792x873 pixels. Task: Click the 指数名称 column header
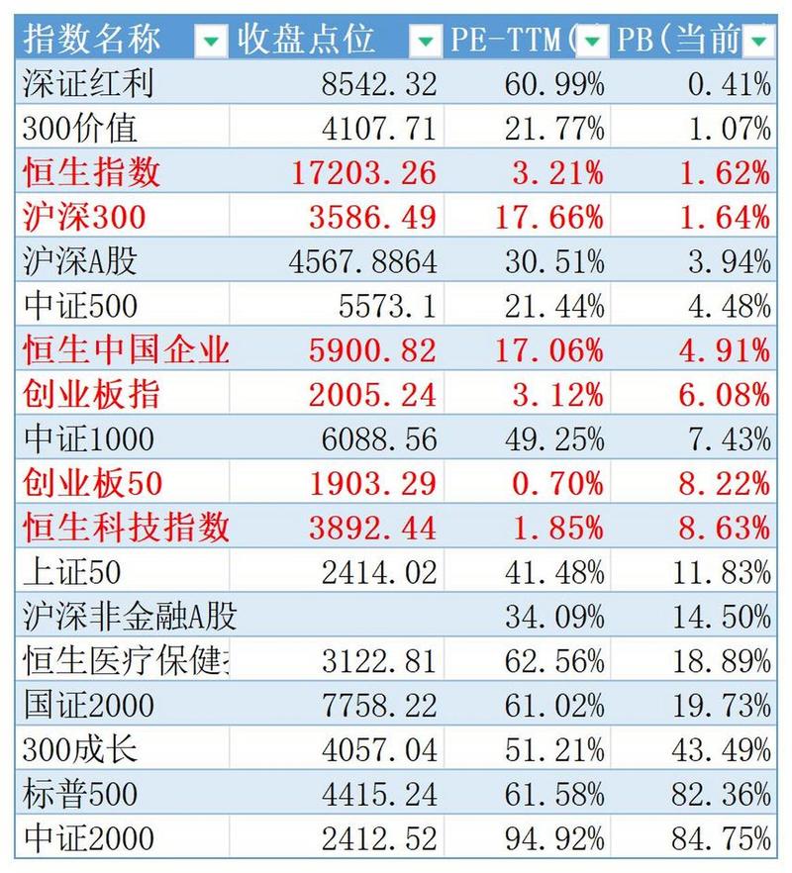click(x=93, y=40)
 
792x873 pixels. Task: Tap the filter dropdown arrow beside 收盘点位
click(x=425, y=41)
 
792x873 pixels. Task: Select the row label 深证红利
click(x=88, y=84)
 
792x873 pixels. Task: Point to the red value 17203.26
click(x=364, y=173)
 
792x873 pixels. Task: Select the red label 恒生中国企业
click(x=126, y=350)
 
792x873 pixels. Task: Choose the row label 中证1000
click(x=88, y=438)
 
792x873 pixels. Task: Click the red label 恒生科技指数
click(x=126, y=527)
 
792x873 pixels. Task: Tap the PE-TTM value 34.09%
click(x=553, y=617)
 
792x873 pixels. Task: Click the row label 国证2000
click(x=88, y=705)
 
